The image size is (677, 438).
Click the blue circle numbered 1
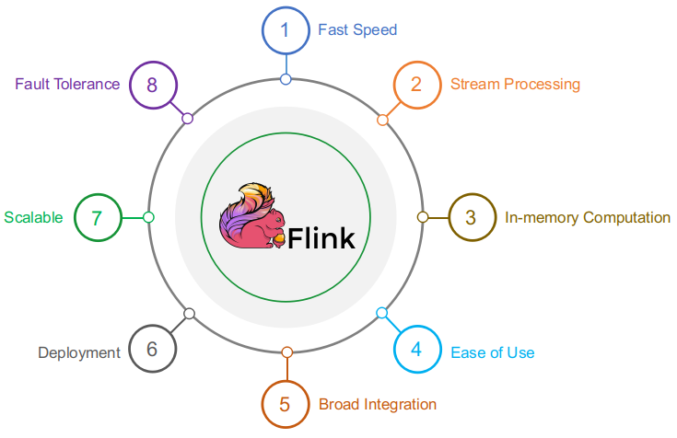tap(286, 29)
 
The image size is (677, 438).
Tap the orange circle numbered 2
tap(416, 85)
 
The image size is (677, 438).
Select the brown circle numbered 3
tap(471, 218)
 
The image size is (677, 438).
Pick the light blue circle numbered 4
tap(416, 350)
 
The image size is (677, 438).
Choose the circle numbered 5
tap(286, 404)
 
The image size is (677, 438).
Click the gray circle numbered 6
tap(153, 350)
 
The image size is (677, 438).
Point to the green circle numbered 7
tap(97, 218)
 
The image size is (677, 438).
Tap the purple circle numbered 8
tap(153, 85)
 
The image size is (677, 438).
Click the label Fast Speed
tap(357, 29)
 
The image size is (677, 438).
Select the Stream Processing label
tap(515, 85)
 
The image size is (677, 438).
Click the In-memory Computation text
tap(588, 218)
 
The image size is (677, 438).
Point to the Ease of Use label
tap(492, 352)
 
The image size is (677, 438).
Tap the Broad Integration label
tap(378, 404)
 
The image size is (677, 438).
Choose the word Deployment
tap(79, 352)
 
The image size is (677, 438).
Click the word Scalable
tap(33, 218)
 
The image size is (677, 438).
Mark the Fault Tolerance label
tap(67, 85)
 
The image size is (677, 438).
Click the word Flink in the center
tap(321, 238)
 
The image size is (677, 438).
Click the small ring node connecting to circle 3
tap(423, 218)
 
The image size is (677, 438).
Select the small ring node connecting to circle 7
tap(149, 218)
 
